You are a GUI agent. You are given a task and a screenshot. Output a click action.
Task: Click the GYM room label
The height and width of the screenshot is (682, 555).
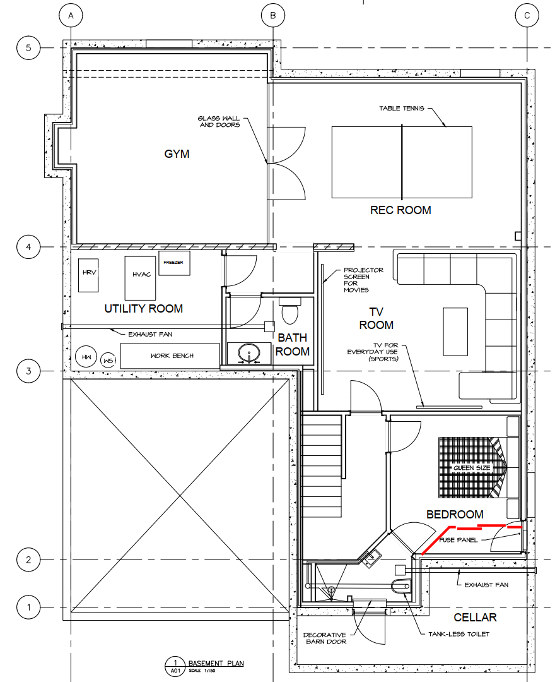pyautogui.click(x=177, y=154)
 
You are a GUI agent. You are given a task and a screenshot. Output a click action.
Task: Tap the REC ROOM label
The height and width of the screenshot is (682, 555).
pyautogui.click(x=400, y=210)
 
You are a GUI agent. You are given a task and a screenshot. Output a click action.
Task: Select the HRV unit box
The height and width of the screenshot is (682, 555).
pyautogui.click(x=88, y=275)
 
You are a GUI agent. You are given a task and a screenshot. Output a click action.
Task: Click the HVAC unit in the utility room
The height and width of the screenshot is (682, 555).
pyautogui.click(x=140, y=278)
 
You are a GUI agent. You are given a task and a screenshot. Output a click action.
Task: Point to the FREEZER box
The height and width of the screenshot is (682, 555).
pyautogui.click(x=174, y=263)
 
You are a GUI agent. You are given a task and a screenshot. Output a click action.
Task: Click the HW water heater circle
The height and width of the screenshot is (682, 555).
pyautogui.click(x=86, y=357)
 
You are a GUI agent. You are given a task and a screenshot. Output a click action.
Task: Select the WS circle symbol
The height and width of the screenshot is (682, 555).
pyautogui.click(x=108, y=361)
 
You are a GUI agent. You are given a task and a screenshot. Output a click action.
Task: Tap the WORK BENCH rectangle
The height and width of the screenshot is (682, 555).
pyautogui.click(x=170, y=356)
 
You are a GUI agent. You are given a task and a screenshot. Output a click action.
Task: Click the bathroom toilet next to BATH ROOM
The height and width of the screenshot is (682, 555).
pyautogui.click(x=289, y=311)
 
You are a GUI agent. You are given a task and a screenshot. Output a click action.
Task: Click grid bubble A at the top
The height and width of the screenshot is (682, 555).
pyautogui.click(x=71, y=16)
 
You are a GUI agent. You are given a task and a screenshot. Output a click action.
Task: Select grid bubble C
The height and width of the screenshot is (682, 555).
pyautogui.click(x=527, y=16)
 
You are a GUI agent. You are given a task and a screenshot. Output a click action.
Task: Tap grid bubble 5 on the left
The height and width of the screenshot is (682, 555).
pyautogui.click(x=28, y=47)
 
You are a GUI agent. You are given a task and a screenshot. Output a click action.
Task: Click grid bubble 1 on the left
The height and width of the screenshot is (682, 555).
pyautogui.click(x=28, y=607)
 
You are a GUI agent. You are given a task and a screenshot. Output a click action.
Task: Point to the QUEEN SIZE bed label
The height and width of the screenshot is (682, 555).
pyautogui.click(x=472, y=468)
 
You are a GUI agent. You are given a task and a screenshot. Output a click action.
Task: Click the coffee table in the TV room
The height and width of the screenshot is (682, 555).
pyautogui.click(x=455, y=332)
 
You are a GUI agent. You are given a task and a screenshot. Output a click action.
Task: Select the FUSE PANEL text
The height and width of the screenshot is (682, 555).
pyautogui.click(x=458, y=540)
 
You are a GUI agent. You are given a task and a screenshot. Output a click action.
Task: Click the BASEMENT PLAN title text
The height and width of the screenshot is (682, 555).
pyautogui.click(x=216, y=663)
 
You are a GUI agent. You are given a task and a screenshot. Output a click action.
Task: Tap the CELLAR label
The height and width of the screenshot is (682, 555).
pyautogui.click(x=475, y=618)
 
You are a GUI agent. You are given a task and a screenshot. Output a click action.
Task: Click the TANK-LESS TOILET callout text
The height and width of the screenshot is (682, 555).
pyautogui.click(x=459, y=634)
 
